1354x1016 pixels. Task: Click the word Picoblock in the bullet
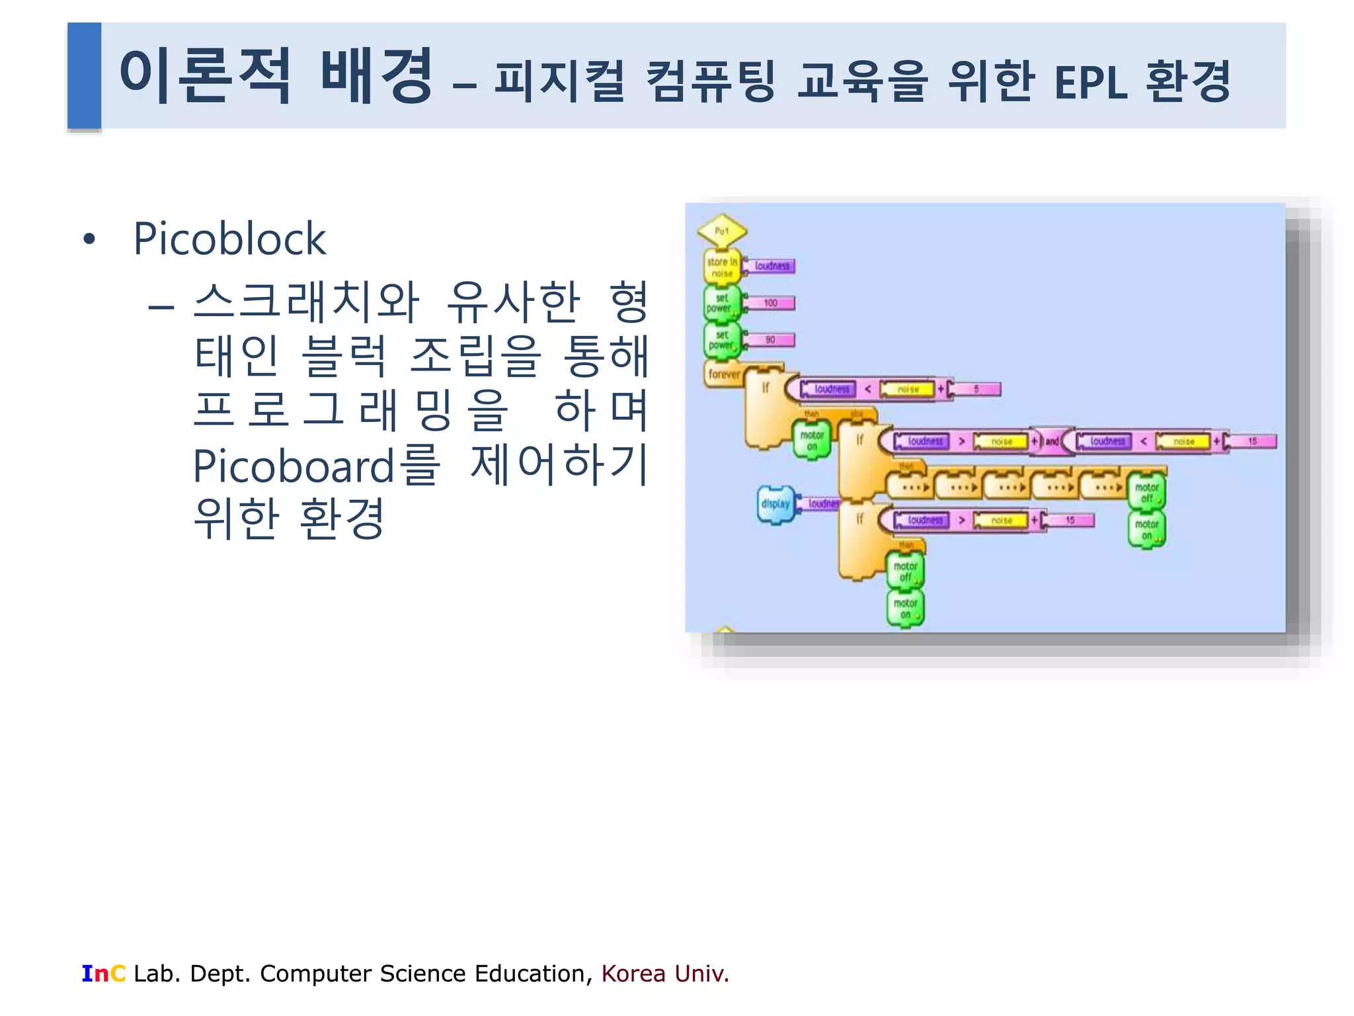[229, 239]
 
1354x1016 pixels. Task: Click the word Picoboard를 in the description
[316, 466]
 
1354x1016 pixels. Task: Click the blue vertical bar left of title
[84, 75]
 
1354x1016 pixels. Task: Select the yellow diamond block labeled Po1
[722, 231]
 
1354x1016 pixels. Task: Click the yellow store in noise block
[722, 267]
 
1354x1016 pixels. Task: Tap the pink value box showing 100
[771, 303]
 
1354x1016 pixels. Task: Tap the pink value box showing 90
[771, 340]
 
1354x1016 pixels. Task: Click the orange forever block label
[724, 374]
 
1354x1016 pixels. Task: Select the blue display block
[776, 504]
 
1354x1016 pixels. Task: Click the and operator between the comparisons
[1052, 441]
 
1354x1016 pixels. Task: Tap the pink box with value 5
[976, 389]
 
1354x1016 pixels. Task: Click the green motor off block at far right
[1146, 492]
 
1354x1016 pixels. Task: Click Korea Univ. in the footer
[664, 974]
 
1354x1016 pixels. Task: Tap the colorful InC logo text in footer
[103, 974]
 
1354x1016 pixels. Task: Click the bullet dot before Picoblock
[89, 239]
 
